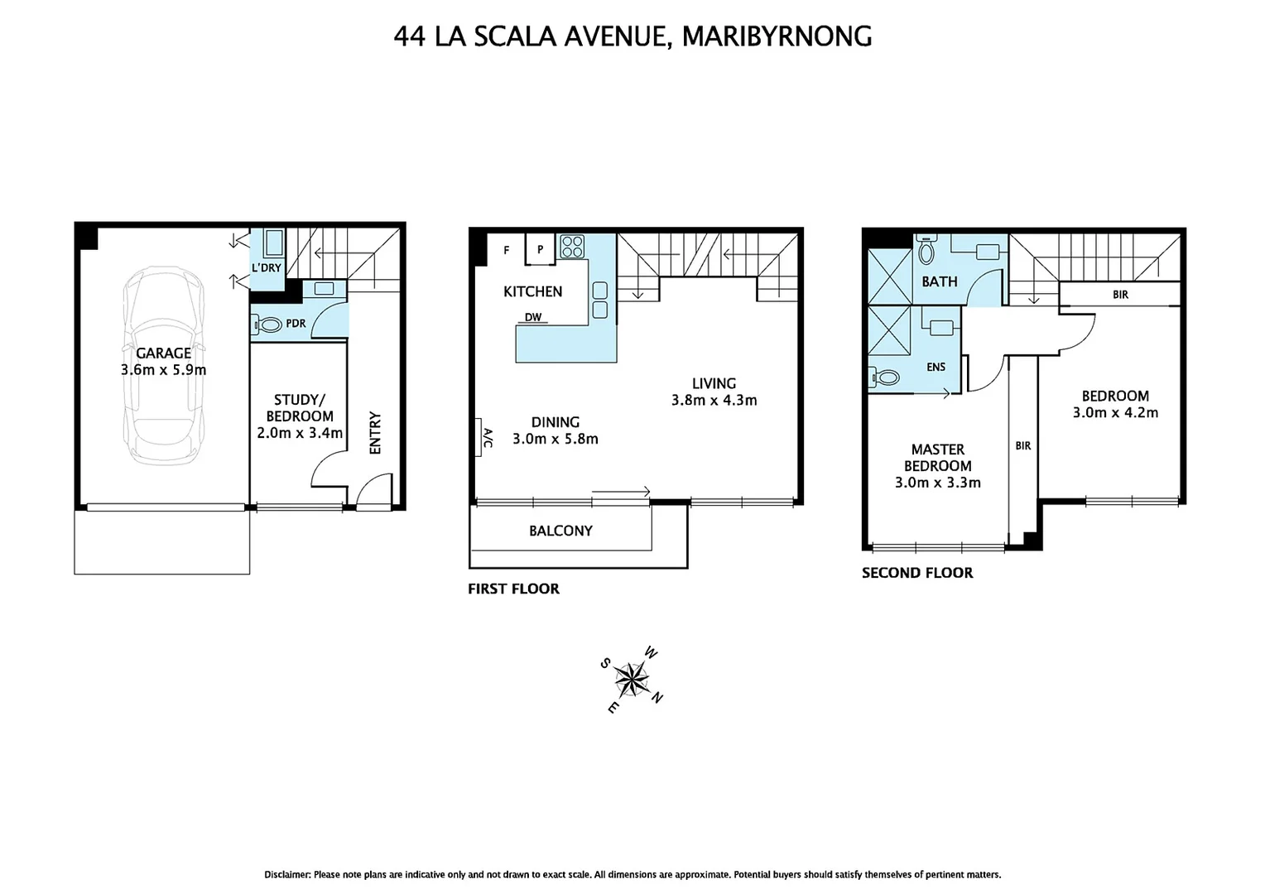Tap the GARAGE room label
coord(163,353)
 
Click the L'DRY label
coord(267,268)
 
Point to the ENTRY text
coord(375,432)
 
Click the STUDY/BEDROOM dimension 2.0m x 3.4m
coord(300,433)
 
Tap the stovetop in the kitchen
coord(572,247)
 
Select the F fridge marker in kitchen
coord(507,250)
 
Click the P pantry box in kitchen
coord(540,250)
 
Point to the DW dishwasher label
coord(533,317)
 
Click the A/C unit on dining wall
coord(484,436)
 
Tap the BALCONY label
coord(560,531)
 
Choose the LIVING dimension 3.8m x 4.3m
coord(714,401)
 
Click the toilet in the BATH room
coord(926,251)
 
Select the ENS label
coord(936,367)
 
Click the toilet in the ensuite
coord(884,377)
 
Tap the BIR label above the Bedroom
coord(1120,295)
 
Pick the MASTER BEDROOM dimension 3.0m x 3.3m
coord(937,483)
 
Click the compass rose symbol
coord(632,680)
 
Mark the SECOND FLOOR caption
coord(917,573)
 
